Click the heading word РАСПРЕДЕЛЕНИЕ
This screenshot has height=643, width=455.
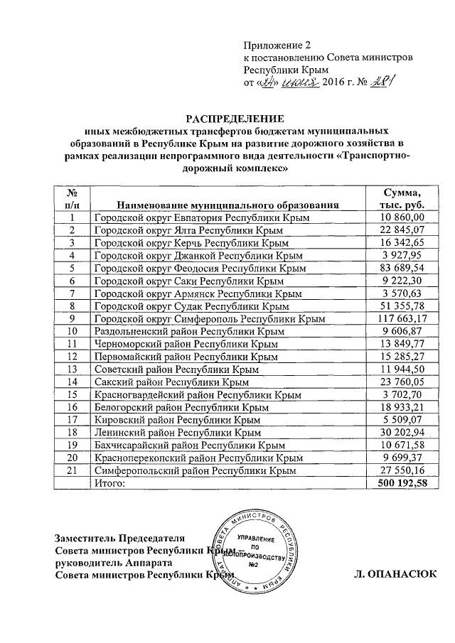[x=235, y=117]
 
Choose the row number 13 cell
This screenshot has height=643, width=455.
[x=71, y=369]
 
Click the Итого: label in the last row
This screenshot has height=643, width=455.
[x=109, y=483]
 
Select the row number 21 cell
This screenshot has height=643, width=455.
[x=71, y=470]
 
